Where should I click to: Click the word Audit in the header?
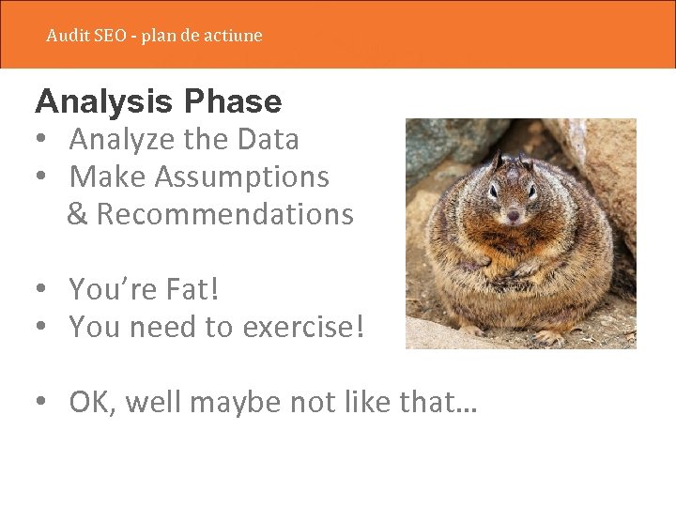(x=67, y=36)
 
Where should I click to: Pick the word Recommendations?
(x=224, y=214)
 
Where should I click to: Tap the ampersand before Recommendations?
(x=78, y=214)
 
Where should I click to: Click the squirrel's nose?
(x=513, y=217)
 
